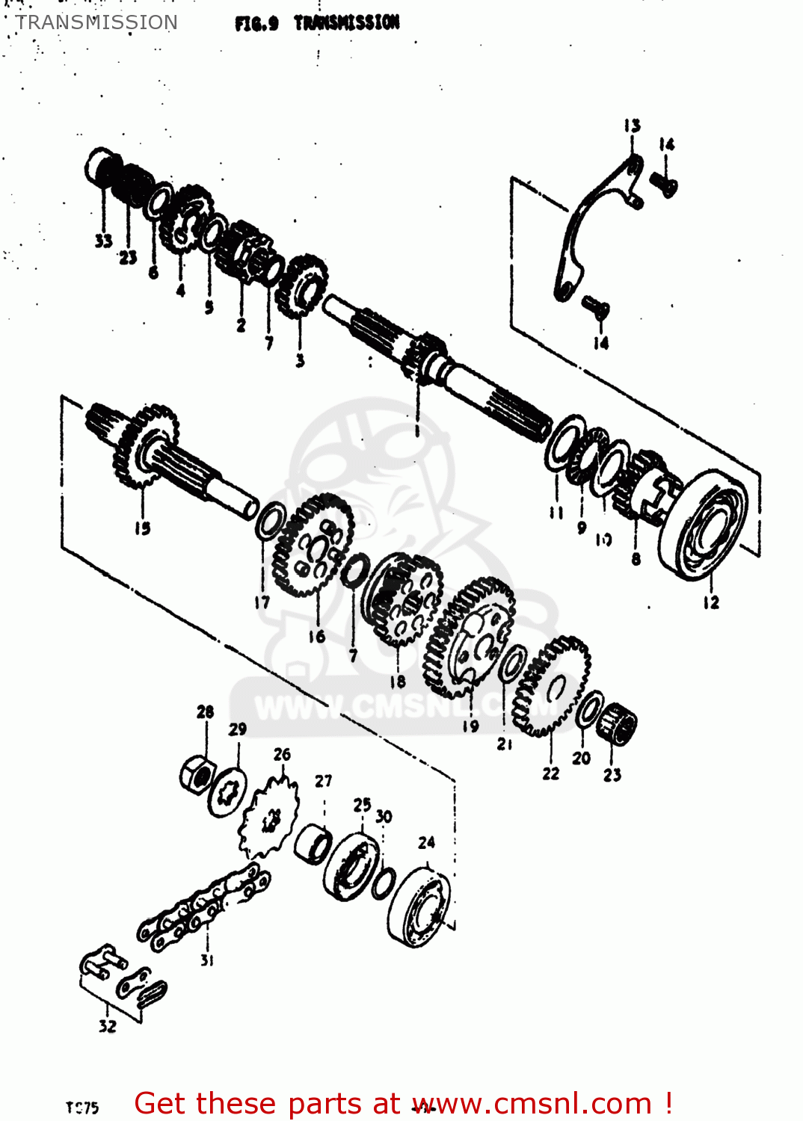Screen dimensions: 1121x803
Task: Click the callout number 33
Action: pos(102,241)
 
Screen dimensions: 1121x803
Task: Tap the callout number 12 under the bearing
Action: pos(710,602)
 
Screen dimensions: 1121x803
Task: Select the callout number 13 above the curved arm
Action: pos(632,126)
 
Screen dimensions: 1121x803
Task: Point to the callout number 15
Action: pos(142,528)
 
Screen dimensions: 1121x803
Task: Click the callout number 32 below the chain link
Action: pos(108,1026)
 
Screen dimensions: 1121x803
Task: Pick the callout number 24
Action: pos(426,843)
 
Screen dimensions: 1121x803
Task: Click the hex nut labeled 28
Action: pos(197,774)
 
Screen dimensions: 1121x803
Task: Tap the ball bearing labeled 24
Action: pos(420,908)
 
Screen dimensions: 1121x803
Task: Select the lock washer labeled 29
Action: pos(227,792)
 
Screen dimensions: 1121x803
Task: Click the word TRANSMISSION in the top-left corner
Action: pos(96,22)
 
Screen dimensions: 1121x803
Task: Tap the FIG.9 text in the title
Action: pos(256,23)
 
